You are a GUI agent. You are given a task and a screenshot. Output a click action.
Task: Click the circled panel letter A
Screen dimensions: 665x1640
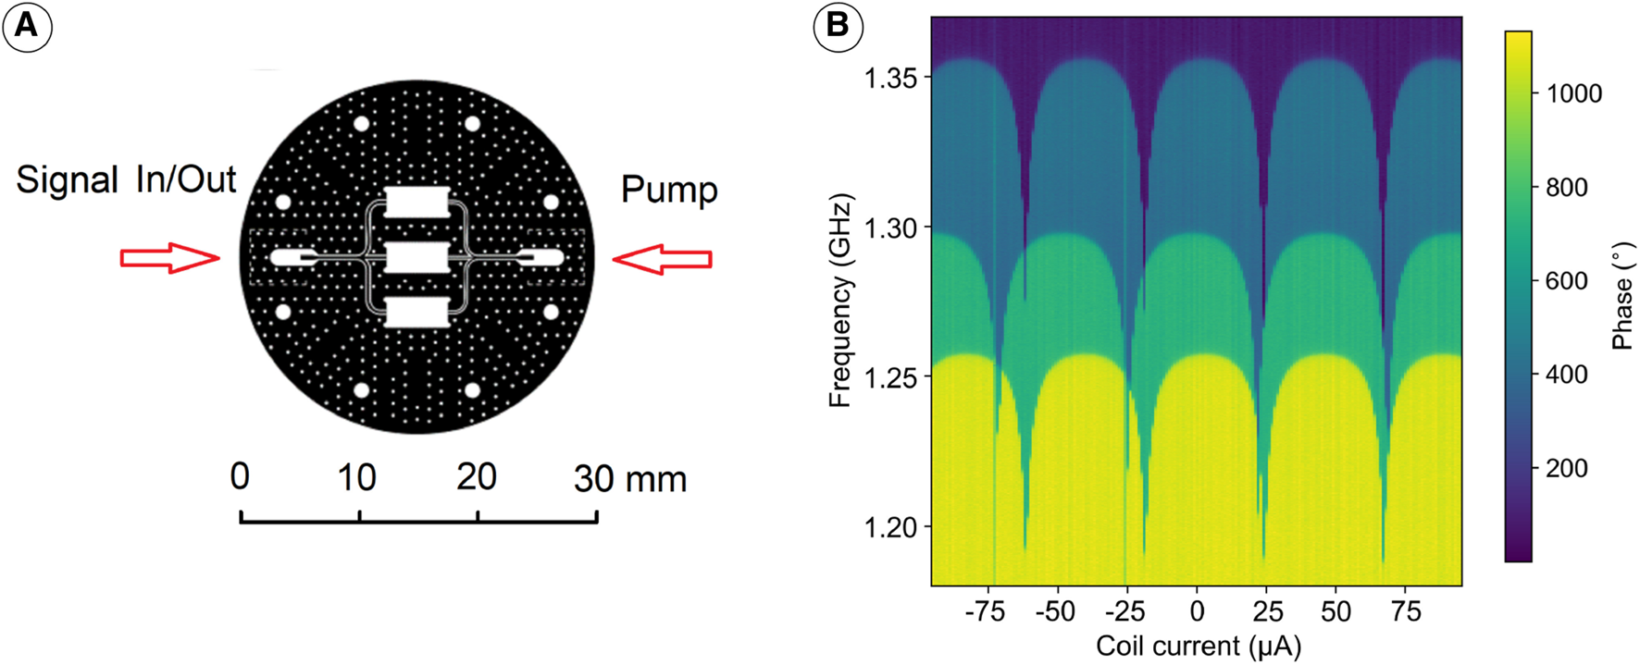pyautogui.click(x=27, y=26)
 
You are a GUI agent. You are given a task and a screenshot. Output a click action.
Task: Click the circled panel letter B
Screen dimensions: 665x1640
pyautogui.click(x=837, y=26)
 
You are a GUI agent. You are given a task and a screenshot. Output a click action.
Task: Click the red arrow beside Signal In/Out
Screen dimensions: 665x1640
pyautogui.click(x=170, y=259)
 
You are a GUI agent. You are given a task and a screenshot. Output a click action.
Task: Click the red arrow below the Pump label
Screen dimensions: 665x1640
pyautogui.click(x=662, y=260)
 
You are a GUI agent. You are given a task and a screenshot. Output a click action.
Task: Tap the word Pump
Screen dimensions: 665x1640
pyautogui.click(x=668, y=191)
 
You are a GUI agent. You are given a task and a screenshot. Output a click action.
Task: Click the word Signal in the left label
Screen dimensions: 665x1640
pyautogui.click(x=67, y=179)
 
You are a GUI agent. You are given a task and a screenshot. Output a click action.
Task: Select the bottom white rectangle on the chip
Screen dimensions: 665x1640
pyautogui.click(x=416, y=313)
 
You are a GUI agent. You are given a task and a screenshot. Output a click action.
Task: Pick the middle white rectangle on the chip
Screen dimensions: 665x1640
pyautogui.click(x=416, y=257)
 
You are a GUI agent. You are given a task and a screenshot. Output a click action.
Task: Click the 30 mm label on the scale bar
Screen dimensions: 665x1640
pyautogui.click(x=629, y=479)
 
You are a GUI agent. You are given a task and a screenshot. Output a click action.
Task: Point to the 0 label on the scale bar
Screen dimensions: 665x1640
pyautogui.click(x=240, y=477)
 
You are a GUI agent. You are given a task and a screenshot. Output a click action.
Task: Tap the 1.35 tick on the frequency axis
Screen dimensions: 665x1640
pyautogui.click(x=890, y=79)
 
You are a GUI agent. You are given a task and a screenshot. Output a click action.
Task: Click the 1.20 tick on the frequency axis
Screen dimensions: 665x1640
pyautogui.click(x=890, y=527)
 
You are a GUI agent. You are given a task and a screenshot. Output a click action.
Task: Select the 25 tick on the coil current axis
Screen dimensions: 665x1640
pyautogui.click(x=1268, y=612)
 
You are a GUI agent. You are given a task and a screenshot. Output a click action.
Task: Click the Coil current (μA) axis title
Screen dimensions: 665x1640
pyautogui.click(x=1198, y=646)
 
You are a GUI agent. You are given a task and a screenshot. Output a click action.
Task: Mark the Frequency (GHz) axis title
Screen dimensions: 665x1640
pyautogui.click(x=839, y=301)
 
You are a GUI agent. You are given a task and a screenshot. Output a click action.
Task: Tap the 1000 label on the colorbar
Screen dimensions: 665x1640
pyautogui.click(x=1574, y=93)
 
